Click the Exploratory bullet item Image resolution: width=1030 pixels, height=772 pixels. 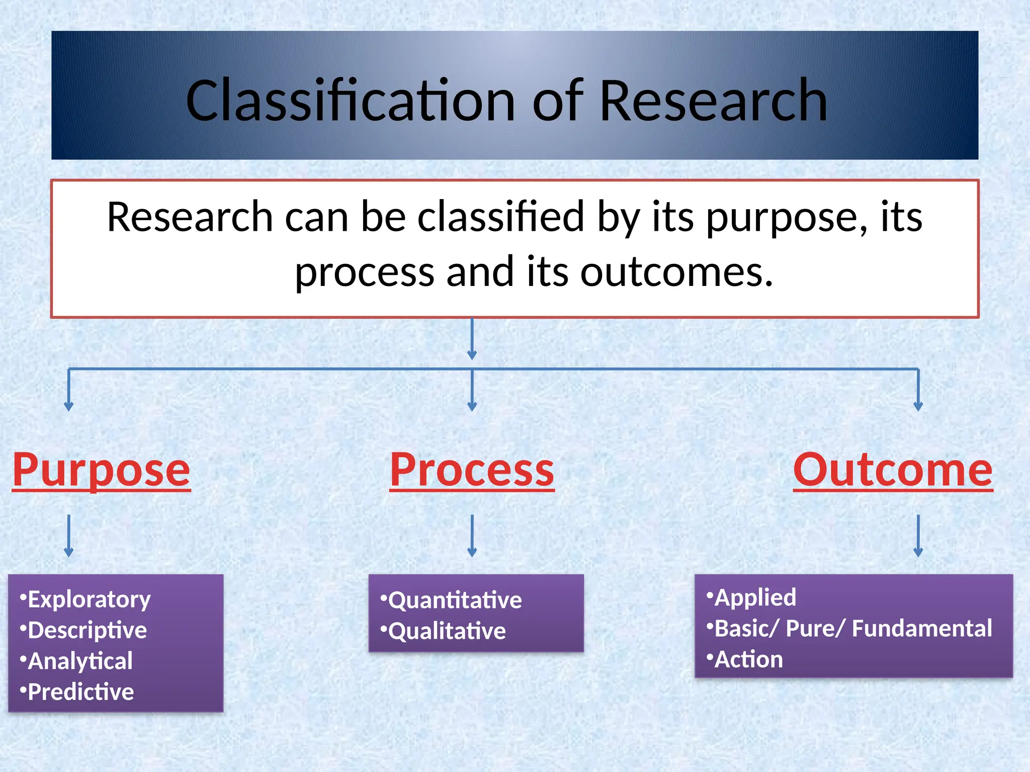click(89, 599)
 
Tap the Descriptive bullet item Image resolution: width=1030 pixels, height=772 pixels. click(87, 630)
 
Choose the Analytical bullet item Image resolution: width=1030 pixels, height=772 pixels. click(79, 661)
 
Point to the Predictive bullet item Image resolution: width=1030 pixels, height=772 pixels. click(80, 692)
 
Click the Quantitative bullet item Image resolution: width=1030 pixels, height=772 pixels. click(455, 600)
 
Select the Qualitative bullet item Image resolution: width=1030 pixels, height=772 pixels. click(447, 631)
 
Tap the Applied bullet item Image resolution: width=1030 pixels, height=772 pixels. click(755, 598)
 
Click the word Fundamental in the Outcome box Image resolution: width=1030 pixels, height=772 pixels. click(922, 629)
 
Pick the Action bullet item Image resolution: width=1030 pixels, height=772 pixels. click(748, 659)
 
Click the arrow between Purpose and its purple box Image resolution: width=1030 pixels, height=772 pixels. click(69, 536)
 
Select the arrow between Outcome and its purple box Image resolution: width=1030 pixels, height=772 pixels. click(918, 536)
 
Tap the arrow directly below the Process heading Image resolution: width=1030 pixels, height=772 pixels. click(472, 536)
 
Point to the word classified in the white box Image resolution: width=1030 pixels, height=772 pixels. click(501, 217)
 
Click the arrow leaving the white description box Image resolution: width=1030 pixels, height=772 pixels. click(472, 339)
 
